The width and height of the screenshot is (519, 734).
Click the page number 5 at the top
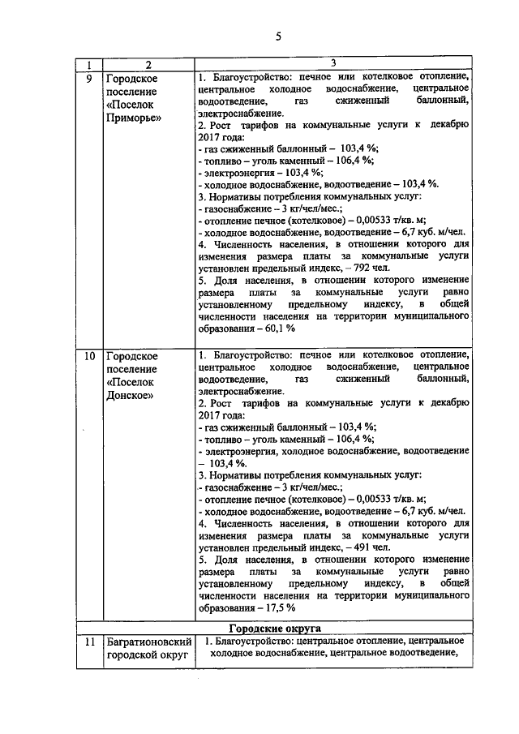[x=278, y=36]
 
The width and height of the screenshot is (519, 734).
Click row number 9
[x=89, y=79]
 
